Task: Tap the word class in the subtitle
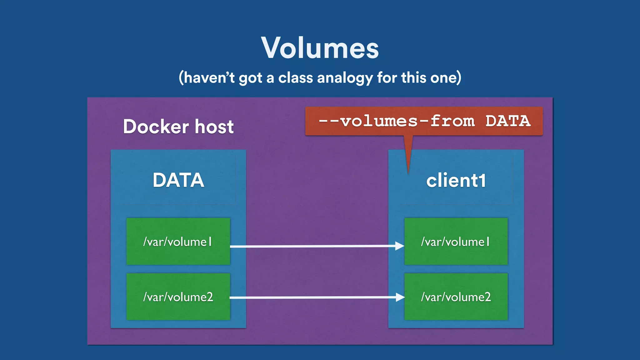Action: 295,77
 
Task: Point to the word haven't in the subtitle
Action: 209,77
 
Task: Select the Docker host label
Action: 178,127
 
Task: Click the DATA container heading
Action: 178,180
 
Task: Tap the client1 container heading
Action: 456,181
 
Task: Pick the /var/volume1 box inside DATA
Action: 178,241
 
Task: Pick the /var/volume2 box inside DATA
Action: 178,297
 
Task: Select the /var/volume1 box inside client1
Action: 456,241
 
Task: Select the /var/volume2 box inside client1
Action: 456,297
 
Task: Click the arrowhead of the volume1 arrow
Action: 400,246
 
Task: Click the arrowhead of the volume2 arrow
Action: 400,297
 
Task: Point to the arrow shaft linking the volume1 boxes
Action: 312,246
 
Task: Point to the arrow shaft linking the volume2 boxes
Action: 312,297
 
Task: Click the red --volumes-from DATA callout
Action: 424,121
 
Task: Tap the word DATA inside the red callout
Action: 508,121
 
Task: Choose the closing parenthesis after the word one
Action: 459,78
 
